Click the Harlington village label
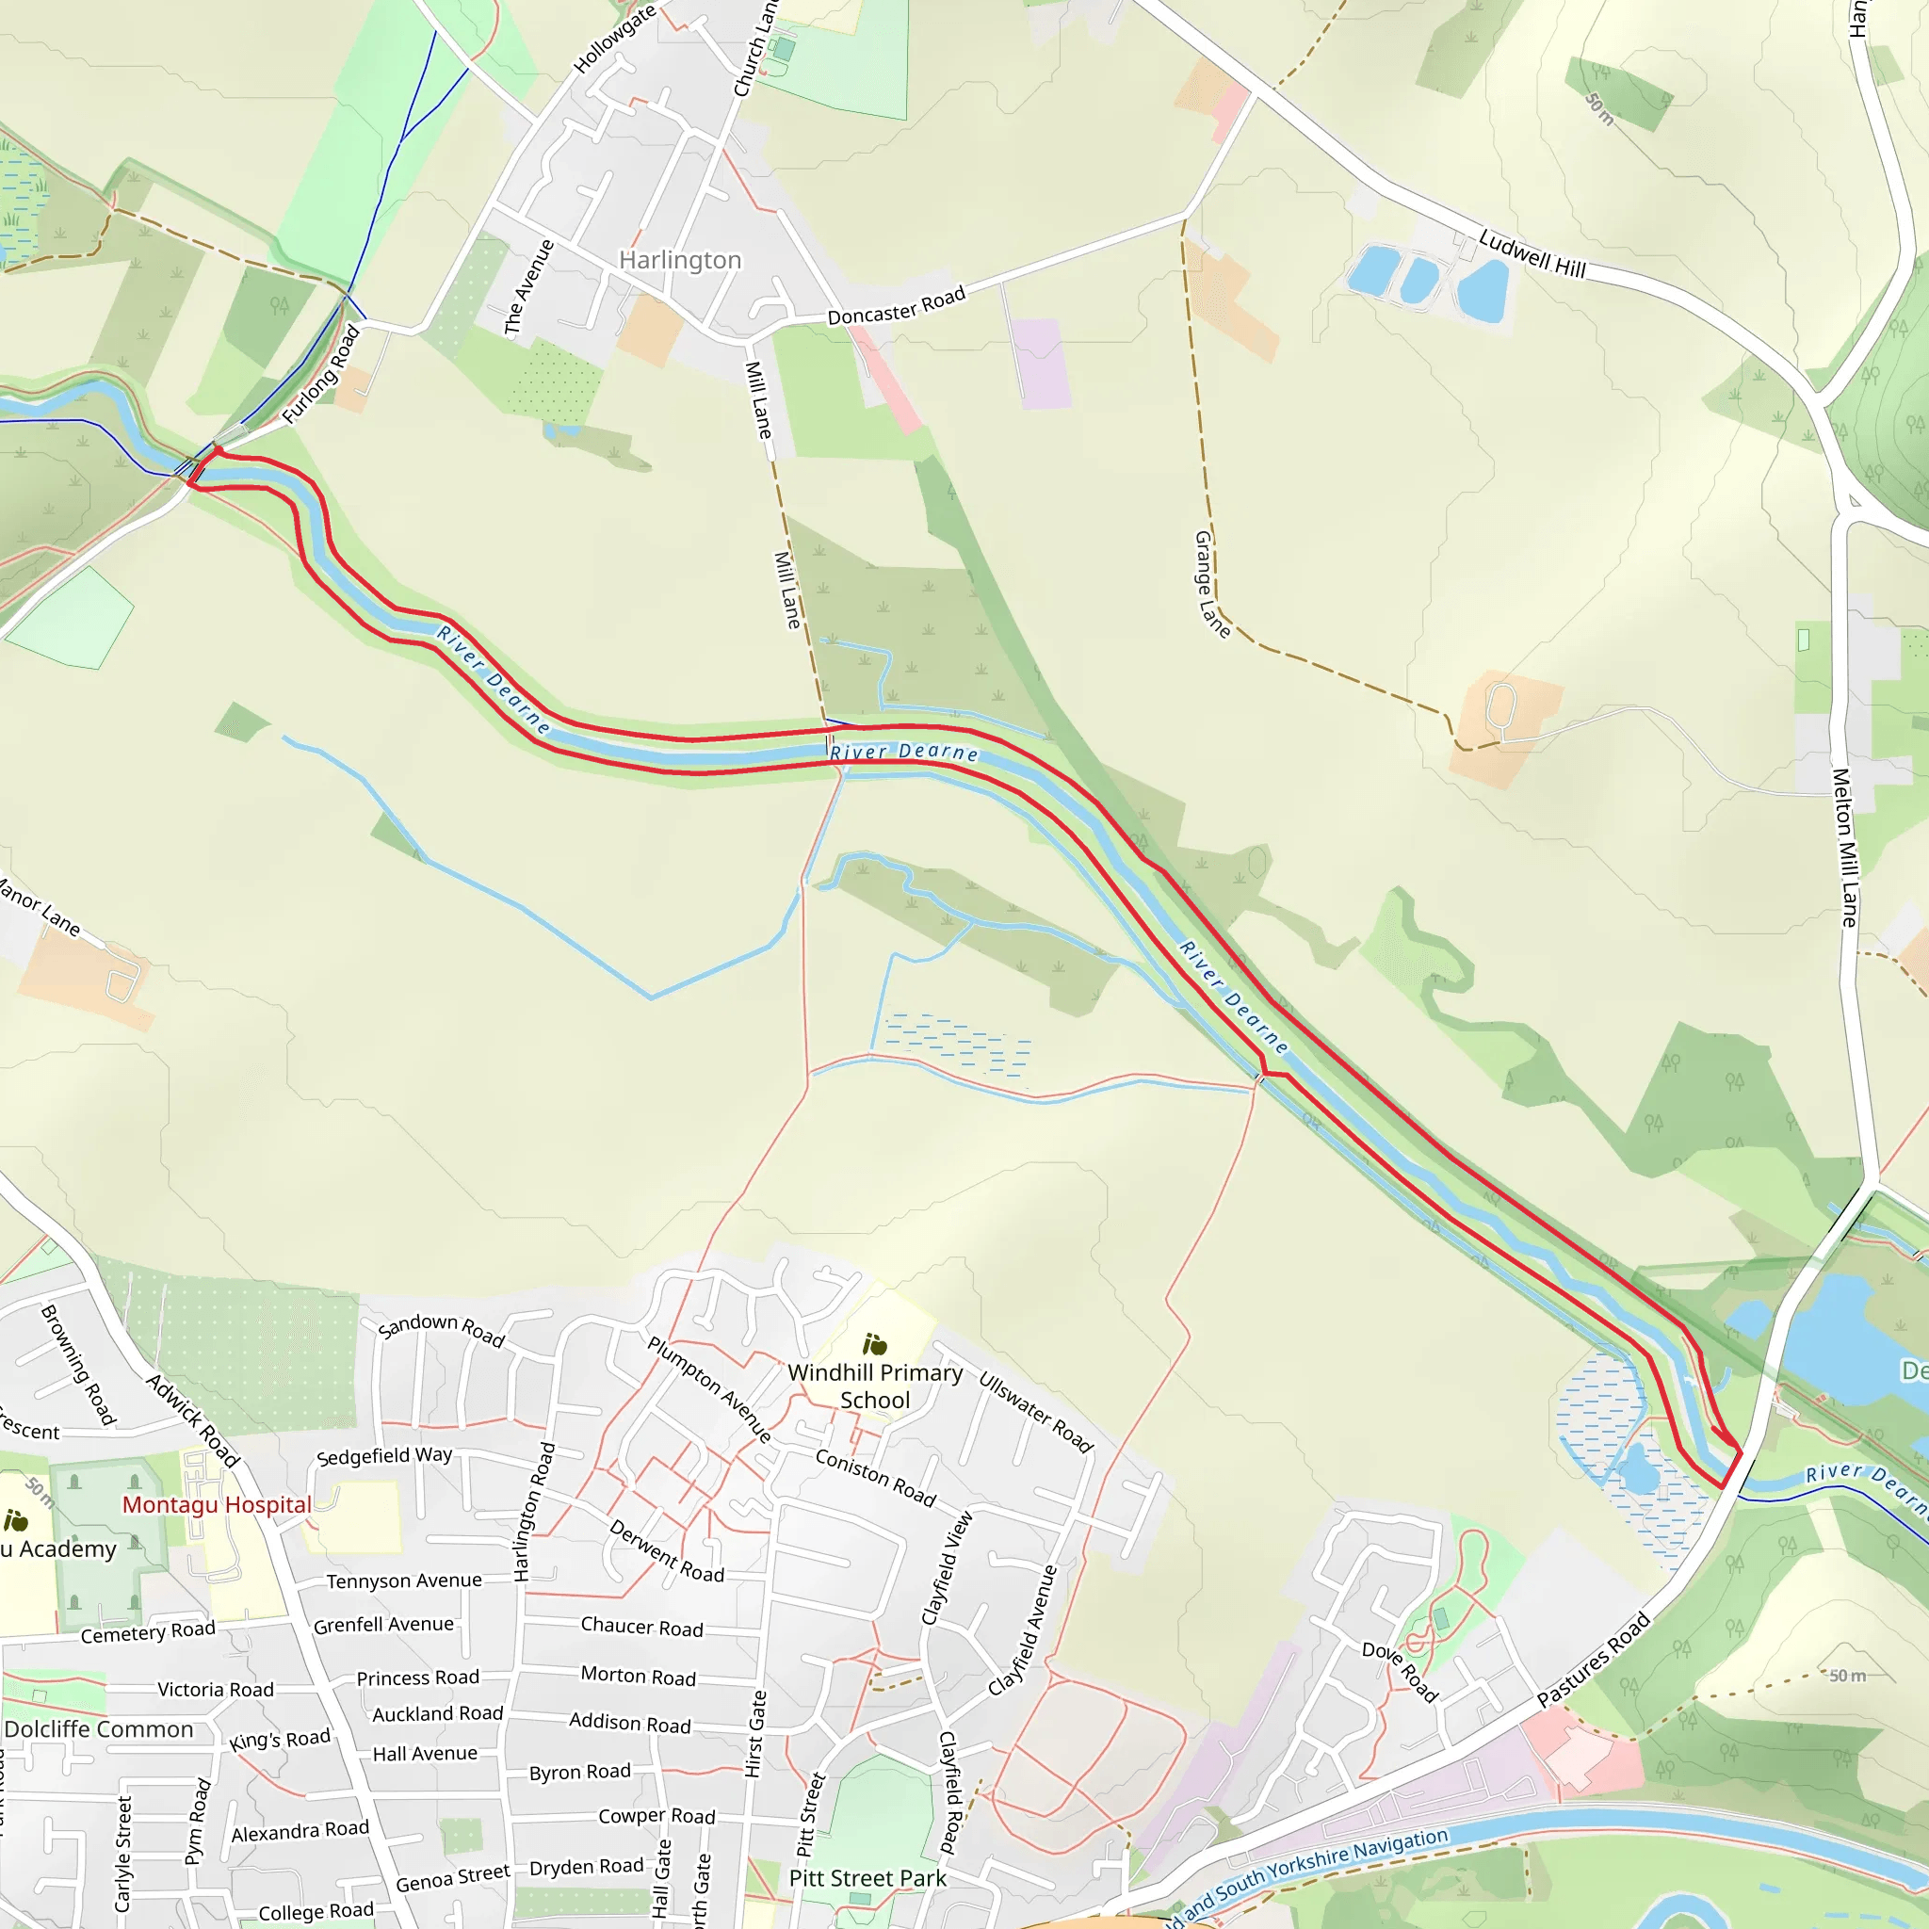(x=680, y=260)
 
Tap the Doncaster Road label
(x=896, y=305)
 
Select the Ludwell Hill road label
(x=1532, y=253)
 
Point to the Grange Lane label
(x=1211, y=584)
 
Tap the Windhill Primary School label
(x=875, y=1386)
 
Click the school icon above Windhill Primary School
(x=875, y=1344)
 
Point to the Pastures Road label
(x=1593, y=1661)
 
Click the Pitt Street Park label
(x=867, y=1878)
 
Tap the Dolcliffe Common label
(x=99, y=1729)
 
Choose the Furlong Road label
(x=320, y=375)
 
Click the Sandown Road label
(x=442, y=1330)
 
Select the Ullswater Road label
(x=1035, y=1412)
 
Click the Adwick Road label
(x=193, y=1420)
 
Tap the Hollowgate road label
(x=614, y=38)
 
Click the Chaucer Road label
(x=642, y=1627)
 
